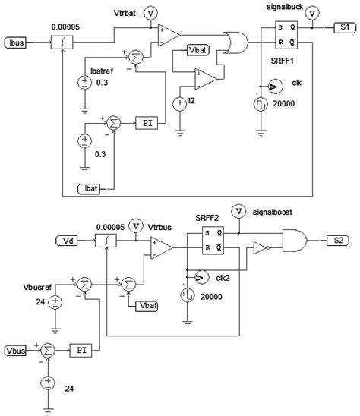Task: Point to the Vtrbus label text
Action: [157, 226]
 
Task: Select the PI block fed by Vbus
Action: [82, 350]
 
